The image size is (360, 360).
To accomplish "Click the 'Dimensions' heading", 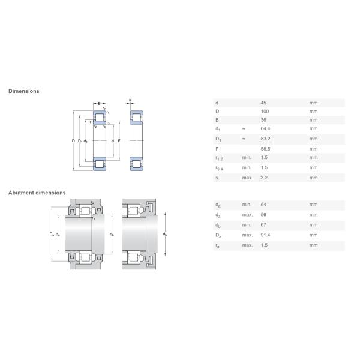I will pos(24,91).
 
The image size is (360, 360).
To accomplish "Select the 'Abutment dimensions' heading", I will pos(37,193).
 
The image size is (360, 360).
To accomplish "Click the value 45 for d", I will pos(263,103).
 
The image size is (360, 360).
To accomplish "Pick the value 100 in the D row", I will pos(265,112).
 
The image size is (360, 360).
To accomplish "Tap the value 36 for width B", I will pos(263,120).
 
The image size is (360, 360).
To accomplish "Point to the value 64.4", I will pos(265,129).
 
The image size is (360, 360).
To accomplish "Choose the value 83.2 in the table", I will pos(265,139).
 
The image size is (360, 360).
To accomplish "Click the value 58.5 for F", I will pos(265,148).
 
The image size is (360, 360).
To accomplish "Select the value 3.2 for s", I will pos(264,178).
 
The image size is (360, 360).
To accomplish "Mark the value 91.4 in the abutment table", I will pos(265,235).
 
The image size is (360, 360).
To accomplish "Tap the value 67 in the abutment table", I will pos(263,225).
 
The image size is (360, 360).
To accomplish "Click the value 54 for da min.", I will pos(263,205).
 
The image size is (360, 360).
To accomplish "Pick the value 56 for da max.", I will pos(263,214).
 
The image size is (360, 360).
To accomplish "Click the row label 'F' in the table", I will pos(216,148).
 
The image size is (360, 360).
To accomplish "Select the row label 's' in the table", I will pos(216,178).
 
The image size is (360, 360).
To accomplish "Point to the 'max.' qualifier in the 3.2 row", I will pos(247,178).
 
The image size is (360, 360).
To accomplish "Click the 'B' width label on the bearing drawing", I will pos(100,103).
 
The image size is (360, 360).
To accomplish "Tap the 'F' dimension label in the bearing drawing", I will pos(119,141).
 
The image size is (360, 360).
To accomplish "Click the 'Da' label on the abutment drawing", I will pos(52,234).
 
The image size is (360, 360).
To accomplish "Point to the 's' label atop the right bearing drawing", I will pos(130,100).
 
